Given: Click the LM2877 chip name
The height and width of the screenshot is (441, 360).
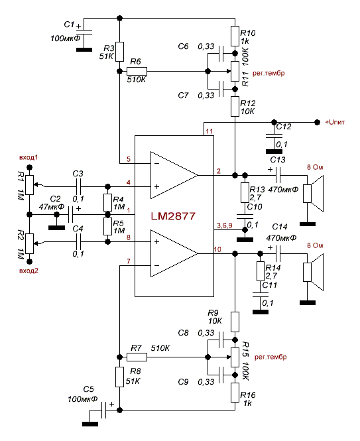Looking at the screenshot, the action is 173,216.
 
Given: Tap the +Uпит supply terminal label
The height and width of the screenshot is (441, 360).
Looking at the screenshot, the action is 335,122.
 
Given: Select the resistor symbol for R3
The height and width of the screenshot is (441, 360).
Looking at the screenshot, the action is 120,52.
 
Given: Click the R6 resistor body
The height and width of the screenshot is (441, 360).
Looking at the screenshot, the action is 137,72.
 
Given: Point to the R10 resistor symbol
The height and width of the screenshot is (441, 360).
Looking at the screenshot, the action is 235,36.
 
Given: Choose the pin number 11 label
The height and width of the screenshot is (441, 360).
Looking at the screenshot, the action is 210,131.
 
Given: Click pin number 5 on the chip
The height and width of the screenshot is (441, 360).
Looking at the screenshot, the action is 129,159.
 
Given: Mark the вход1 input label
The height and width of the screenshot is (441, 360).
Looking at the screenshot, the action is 29,158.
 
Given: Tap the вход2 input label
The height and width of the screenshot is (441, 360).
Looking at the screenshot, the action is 29,271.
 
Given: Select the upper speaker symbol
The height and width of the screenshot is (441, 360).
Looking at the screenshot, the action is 313,194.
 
